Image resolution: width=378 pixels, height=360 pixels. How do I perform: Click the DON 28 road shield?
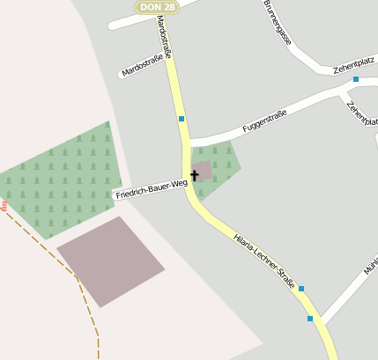click(x=157, y=7)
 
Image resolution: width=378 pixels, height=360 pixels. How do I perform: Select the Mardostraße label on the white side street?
click(x=144, y=67)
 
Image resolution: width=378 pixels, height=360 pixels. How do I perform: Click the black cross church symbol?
click(x=195, y=175)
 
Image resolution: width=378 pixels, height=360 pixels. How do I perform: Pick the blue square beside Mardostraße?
click(x=182, y=119)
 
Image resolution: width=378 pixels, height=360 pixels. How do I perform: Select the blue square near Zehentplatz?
click(x=356, y=79)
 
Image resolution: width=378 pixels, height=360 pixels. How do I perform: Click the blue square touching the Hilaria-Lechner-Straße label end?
click(x=301, y=289)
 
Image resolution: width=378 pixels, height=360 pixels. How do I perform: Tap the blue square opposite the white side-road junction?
click(x=310, y=318)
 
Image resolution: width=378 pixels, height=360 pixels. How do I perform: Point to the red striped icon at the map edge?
click(x=4, y=206)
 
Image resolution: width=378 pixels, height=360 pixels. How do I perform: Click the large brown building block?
click(x=111, y=261)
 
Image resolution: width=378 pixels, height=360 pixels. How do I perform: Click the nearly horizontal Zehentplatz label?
click(x=353, y=67)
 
